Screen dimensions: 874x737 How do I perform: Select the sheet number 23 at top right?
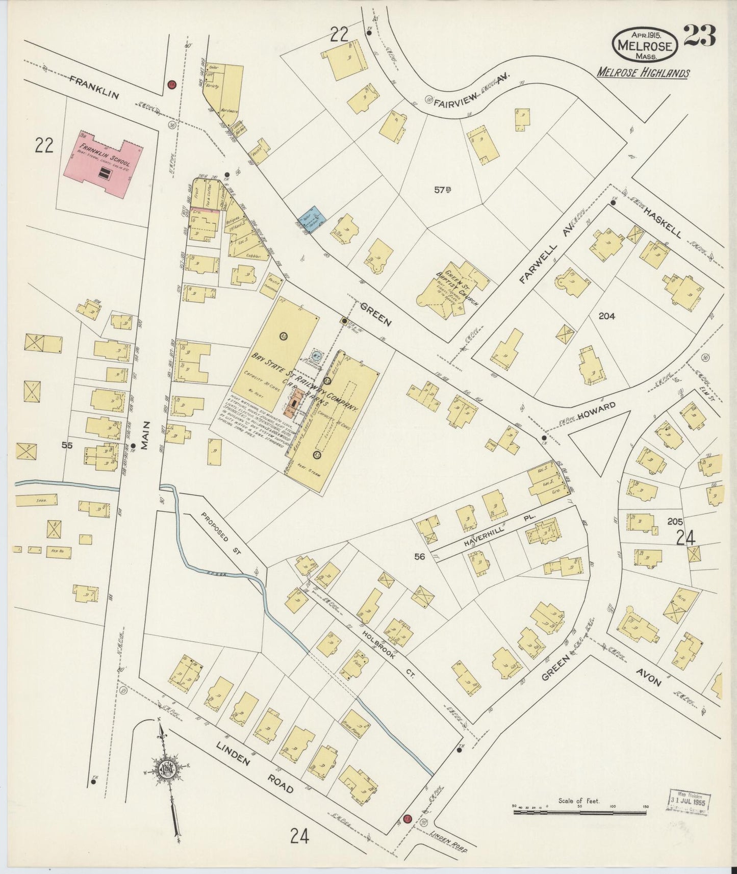coord(699,36)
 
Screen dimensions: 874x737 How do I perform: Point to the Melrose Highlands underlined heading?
coord(643,73)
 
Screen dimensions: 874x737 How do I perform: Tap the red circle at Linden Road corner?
coord(407,819)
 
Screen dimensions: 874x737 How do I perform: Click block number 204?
coord(606,316)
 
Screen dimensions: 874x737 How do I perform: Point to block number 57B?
coord(443,190)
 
